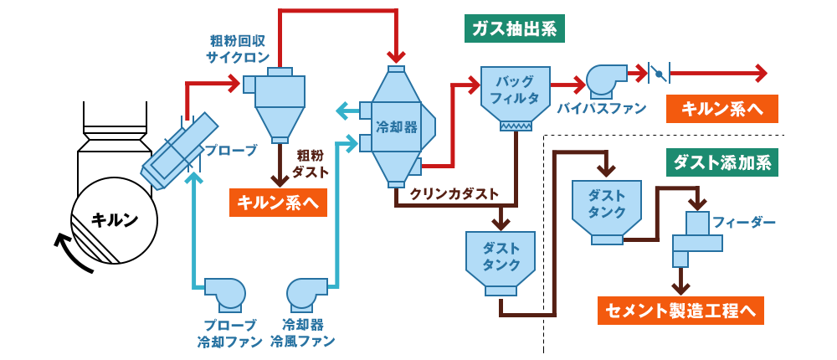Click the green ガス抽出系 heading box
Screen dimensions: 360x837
(515, 28)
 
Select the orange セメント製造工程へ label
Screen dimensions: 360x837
(682, 311)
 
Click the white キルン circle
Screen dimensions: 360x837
(114, 219)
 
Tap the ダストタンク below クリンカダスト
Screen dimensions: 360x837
(501, 260)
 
